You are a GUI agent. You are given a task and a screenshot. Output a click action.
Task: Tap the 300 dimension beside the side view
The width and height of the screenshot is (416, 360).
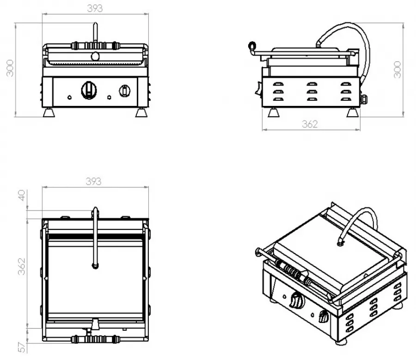pos(398,69)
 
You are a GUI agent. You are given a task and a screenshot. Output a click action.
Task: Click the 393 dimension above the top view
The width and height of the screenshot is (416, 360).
pos(94,181)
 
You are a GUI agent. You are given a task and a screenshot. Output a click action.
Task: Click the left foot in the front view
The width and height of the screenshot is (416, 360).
pos(49,112)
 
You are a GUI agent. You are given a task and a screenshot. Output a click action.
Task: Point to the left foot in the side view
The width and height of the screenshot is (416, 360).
pos(274,112)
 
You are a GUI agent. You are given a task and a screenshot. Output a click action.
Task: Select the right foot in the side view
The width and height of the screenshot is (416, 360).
pos(352,112)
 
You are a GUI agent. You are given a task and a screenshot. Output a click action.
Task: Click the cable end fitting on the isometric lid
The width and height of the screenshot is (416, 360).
pos(341,242)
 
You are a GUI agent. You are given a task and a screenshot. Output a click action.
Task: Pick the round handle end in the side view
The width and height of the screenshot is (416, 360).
pos(252,45)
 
